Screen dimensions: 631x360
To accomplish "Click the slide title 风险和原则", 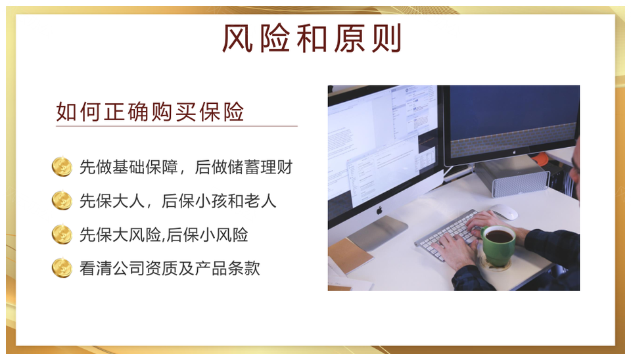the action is (x=312, y=39).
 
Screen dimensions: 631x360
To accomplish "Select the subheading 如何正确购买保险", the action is (x=150, y=112).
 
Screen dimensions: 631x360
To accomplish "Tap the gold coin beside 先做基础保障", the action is (x=62, y=166).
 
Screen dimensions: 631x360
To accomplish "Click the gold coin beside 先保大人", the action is (x=62, y=200).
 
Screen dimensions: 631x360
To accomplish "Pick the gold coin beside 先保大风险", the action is (x=62, y=234).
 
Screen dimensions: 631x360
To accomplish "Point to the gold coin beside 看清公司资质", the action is (x=62, y=268).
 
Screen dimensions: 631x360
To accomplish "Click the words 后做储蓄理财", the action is (x=244, y=167).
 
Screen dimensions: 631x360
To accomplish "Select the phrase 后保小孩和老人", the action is (x=219, y=201).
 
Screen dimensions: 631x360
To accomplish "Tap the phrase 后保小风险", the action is (x=207, y=235).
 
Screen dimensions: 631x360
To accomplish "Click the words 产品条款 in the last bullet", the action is (x=227, y=268).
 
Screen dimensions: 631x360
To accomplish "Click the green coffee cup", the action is (x=498, y=245).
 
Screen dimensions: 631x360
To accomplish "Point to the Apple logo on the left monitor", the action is (x=379, y=210).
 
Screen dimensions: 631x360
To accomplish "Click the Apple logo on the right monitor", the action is (x=514, y=152).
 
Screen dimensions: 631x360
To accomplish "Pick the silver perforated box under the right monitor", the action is (x=512, y=177).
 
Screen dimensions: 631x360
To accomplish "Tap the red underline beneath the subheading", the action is (x=177, y=126).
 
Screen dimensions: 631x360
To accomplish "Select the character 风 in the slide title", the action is (x=237, y=39).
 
